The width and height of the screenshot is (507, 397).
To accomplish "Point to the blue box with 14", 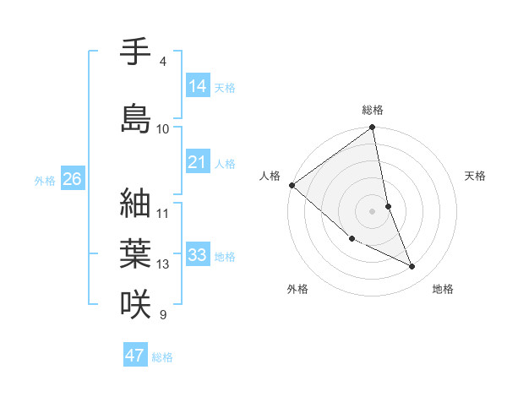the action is click(x=198, y=86).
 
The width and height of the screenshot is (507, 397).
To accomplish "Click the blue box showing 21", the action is click(x=198, y=162).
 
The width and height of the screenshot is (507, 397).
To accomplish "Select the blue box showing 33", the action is click(x=198, y=255).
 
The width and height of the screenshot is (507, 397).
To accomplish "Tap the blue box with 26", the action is click(x=73, y=179).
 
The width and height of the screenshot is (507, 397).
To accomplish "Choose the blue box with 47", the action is click(x=135, y=356).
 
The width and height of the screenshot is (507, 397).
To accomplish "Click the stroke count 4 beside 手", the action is click(x=163, y=62).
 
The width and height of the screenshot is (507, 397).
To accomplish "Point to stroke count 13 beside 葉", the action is click(x=163, y=264).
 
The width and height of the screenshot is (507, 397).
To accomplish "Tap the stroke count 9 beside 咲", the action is click(x=163, y=315).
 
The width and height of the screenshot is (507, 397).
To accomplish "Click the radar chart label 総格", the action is click(x=373, y=111).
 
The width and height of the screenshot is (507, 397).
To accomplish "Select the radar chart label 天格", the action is click(x=476, y=176).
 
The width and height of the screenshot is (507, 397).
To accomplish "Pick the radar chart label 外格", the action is click(x=297, y=290).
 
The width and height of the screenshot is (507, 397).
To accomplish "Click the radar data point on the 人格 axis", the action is click(x=292, y=185).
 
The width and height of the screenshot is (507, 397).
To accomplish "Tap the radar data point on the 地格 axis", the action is click(x=412, y=267).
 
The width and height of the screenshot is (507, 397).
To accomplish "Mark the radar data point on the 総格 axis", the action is click(x=373, y=128).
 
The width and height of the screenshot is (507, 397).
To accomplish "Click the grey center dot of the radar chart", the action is click(x=373, y=211).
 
